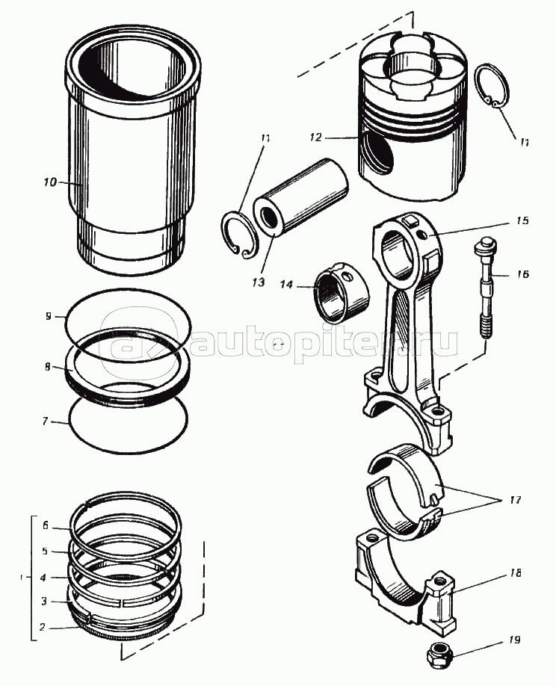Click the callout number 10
(x=50, y=182)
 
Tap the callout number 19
(x=514, y=640)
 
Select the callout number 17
(x=515, y=500)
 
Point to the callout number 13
(x=259, y=282)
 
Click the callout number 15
(x=522, y=220)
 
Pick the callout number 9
(x=49, y=315)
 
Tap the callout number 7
(x=45, y=421)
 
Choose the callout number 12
(x=315, y=137)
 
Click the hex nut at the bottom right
(x=439, y=655)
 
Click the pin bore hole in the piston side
(x=376, y=154)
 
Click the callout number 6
(x=45, y=525)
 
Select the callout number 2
(x=42, y=627)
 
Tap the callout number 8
(x=47, y=366)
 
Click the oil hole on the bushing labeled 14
(x=348, y=276)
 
